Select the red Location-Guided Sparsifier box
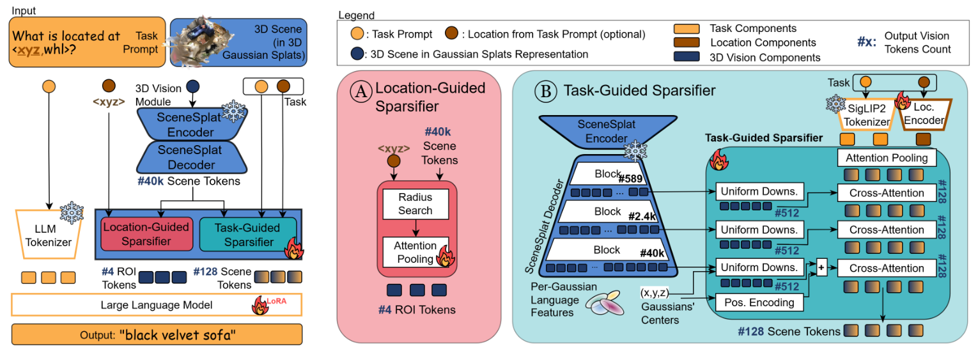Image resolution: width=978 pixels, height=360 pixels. tap(146, 234)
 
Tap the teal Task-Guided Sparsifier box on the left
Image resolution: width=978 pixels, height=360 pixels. tap(249, 235)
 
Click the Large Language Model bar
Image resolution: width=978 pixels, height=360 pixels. tap(156, 304)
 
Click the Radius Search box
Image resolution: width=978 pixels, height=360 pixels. tap(415, 203)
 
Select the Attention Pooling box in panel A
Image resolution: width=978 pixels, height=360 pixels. tap(415, 252)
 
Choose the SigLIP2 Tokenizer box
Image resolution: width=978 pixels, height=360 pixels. tap(865, 115)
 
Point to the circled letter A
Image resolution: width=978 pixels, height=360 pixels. tap(360, 92)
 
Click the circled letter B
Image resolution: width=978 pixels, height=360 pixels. tap(547, 91)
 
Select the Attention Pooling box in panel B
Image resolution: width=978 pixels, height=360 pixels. tap(886, 157)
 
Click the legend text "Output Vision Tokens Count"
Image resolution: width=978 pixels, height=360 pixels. tap(917, 42)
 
